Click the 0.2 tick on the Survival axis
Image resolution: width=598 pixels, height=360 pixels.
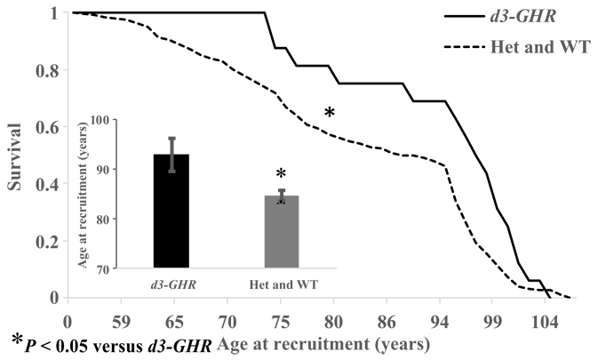(x=48, y=241)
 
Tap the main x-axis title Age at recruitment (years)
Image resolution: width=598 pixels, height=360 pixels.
(x=323, y=341)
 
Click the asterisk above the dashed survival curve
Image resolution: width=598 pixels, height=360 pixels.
(x=329, y=114)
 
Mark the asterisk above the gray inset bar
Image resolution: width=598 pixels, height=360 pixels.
(x=281, y=174)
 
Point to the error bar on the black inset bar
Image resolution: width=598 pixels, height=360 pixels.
(x=171, y=155)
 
